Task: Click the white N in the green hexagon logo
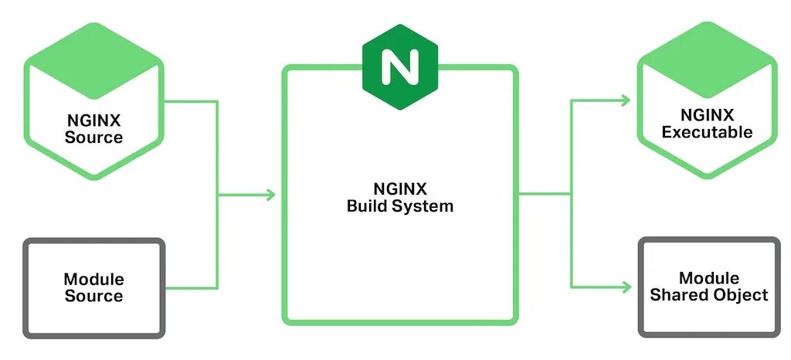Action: coord(399,68)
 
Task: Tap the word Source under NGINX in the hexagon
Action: coord(93,138)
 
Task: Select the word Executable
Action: coord(707,132)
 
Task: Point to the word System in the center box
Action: coord(424,206)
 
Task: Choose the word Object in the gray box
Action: coord(742,294)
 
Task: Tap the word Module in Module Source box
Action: coord(93,279)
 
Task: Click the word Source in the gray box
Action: coord(93,296)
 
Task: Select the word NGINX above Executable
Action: coord(707,115)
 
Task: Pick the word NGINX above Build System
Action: coord(399,189)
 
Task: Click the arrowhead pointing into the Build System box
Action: coord(270,195)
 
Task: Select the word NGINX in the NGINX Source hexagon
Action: coord(93,121)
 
